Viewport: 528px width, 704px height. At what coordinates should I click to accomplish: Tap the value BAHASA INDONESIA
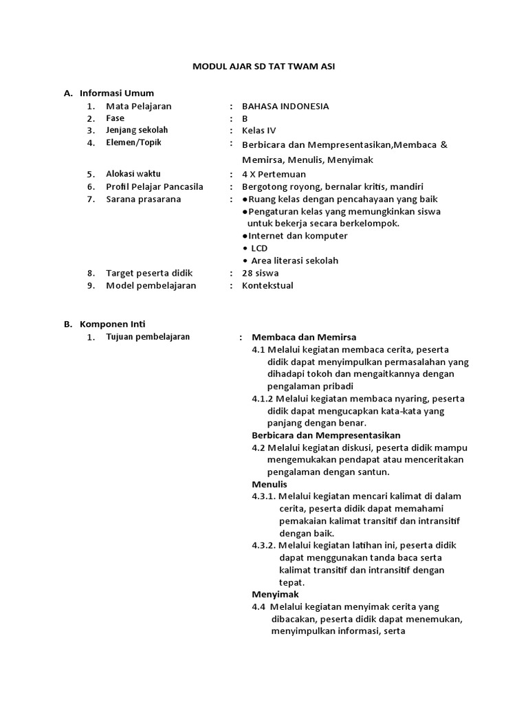point(285,107)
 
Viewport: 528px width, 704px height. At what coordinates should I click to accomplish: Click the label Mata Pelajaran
point(139,107)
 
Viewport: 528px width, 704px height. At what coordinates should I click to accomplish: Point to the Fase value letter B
point(245,118)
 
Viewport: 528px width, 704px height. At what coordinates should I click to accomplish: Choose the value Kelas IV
point(258,131)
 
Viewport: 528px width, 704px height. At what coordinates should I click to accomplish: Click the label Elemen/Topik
point(135,143)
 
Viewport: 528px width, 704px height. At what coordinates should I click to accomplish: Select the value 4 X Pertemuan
point(274,175)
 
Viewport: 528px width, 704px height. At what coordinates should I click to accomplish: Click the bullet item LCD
point(258,248)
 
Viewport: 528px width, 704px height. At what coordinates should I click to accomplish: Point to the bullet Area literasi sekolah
point(294,261)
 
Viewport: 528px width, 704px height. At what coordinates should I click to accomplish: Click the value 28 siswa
point(261,273)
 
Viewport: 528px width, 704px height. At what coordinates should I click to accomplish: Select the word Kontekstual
point(267,285)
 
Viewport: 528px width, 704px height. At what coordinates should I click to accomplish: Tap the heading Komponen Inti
point(113,324)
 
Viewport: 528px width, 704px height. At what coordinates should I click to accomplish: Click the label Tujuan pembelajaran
point(148,337)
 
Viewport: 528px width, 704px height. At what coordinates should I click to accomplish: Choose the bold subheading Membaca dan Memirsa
point(304,337)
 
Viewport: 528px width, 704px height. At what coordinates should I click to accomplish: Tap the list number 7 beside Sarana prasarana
point(90,200)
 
